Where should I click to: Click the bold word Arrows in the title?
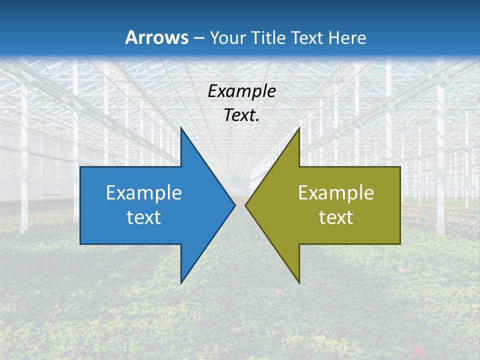tap(156, 37)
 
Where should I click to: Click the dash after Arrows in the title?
tap(199, 38)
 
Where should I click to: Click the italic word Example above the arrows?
tap(241, 91)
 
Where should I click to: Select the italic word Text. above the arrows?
tap(241, 115)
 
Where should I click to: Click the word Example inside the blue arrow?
tap(144, 192)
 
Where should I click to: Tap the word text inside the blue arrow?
tap(144, 217)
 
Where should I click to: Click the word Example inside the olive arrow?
tap(336, 192)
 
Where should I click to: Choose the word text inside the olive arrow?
tap(336, 217)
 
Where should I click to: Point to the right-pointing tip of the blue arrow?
tap(234, 205)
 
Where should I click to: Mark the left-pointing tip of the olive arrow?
tap(245, 205)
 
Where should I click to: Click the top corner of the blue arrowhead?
tap(181, 128)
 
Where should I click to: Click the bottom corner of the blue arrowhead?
tap(181, 283)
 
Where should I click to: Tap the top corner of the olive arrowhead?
tap(299, 128)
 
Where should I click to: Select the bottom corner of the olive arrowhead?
tap(299, 283)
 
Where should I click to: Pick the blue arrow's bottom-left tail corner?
tap(80, 244)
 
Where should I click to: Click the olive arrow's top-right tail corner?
tap(400, 167)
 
